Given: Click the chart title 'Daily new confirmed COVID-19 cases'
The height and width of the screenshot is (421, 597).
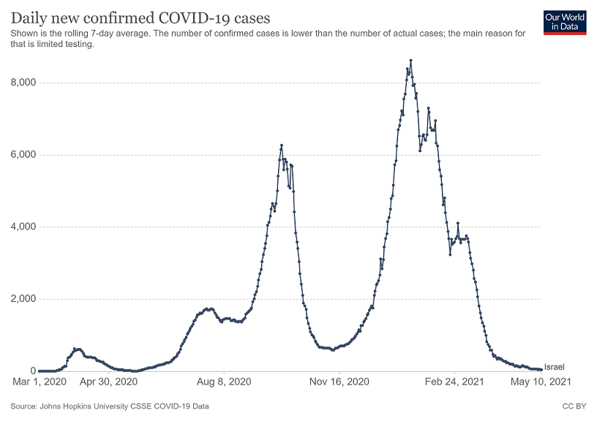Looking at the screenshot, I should (x=139, y=17).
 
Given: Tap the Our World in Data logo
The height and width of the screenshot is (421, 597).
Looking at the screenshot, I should (x=565, y=22).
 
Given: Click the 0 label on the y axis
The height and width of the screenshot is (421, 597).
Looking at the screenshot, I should (x=32, y=371).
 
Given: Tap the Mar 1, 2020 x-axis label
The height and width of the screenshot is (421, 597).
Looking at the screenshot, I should (x=41, y=382).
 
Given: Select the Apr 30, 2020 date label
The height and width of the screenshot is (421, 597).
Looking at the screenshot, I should (x=108, y=382).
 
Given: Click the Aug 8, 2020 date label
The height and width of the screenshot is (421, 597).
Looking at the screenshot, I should (x=224, y=382).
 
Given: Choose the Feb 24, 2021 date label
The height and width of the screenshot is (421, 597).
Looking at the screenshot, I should (x=454, y=382).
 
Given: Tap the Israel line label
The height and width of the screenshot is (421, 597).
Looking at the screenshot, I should (x=555, y=367).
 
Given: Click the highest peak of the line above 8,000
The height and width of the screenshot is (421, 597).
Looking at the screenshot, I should (x=411, y=61).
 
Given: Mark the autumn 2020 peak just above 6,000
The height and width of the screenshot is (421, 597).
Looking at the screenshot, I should (x=281, y=145).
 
